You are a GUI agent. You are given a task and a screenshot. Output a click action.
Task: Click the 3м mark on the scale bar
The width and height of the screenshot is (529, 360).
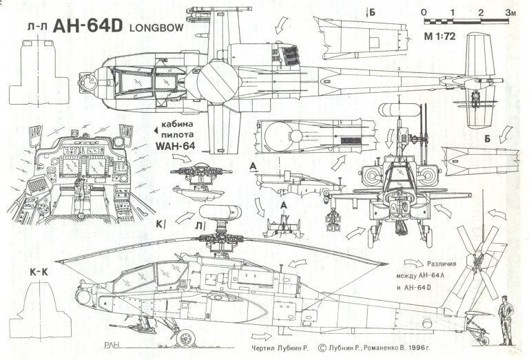tap(509, 12)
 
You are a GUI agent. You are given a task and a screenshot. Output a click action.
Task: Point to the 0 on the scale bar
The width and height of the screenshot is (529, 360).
tap(423, 12)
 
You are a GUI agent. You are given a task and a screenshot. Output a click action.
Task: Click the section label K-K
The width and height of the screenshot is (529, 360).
tap(39, 273)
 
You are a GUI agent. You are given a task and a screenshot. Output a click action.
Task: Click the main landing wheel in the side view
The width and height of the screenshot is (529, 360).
tap(184, 337)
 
